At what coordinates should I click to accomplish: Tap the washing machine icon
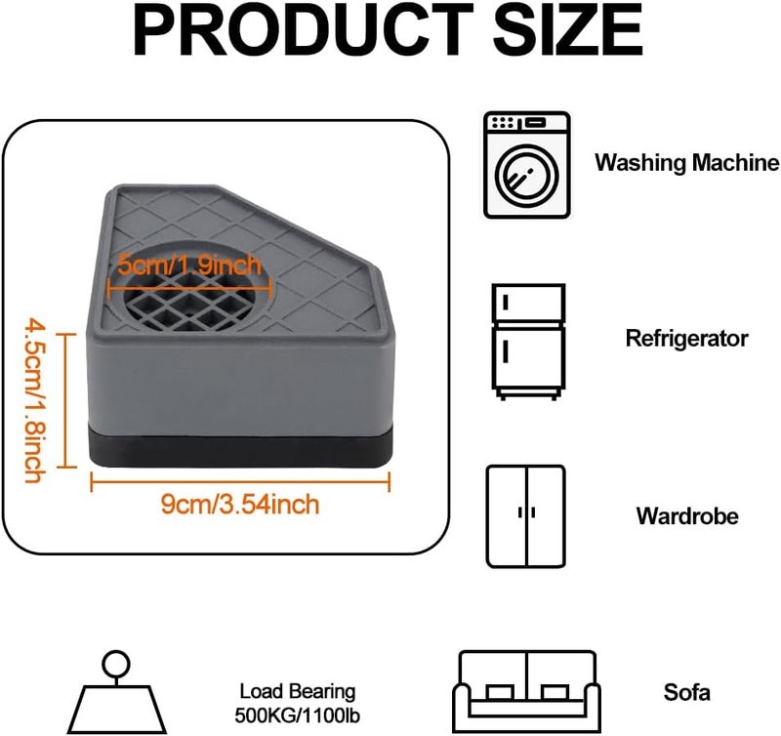click(526, 165)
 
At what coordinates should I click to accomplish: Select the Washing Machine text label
click(687, 162)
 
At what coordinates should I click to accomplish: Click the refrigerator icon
click(528, 342)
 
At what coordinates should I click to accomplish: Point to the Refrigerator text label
click(687, 339)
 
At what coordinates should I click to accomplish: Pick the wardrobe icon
click(526, 516)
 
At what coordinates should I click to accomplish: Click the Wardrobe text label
click(687, 516)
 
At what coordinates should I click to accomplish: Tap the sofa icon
click(526, 692)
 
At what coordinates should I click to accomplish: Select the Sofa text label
click(687, 692)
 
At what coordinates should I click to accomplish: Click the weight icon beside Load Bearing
click(116, 692)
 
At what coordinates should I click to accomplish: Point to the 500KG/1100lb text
click(298, 716)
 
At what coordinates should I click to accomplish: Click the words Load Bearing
click(298, 692)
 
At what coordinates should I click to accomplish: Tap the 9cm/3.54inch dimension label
click(240, 505)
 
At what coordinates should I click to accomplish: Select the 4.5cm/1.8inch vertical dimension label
click(36, 401)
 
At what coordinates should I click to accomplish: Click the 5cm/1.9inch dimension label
click(189, 265)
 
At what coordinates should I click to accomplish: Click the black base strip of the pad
click(241, 446)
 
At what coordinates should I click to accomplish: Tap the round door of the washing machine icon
click(526, 176)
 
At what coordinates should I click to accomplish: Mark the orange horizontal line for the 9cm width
click(240, 481)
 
